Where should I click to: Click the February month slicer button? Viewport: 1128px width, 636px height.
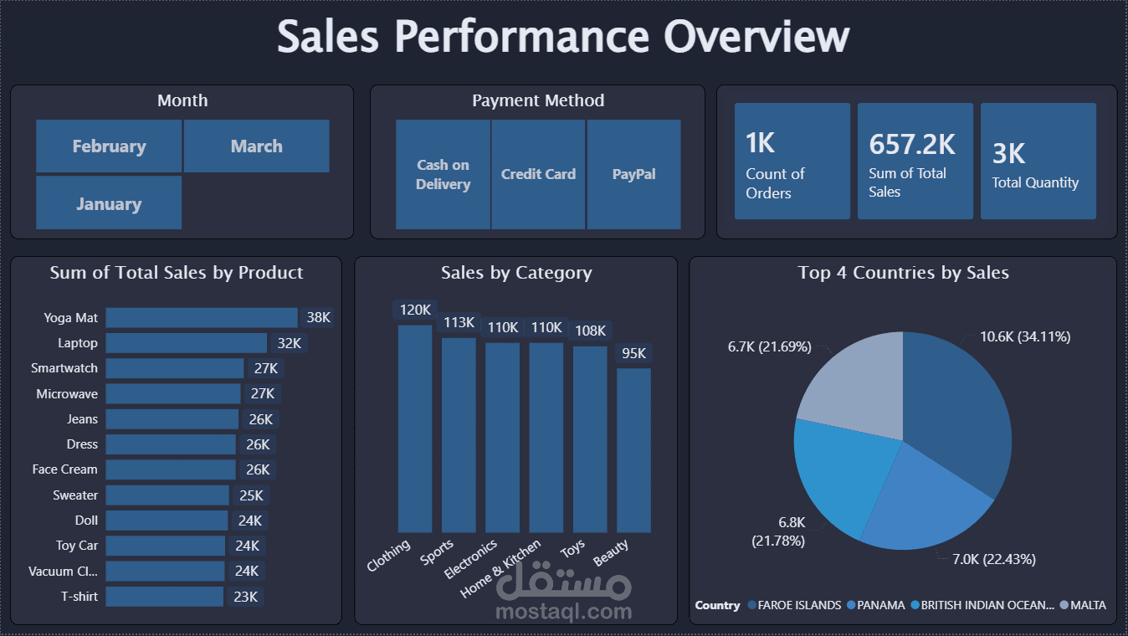click(109, 146)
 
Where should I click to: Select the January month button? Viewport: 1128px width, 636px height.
click(109, 203)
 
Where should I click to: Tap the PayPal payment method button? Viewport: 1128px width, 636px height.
click(633, 174)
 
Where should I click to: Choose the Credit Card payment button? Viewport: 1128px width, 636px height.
click(538, 174)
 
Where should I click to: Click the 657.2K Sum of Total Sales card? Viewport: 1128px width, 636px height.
click(915, 161)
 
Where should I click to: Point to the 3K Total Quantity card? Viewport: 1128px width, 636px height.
click(1038, 161)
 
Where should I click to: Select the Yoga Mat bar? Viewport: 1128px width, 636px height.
click(201, 318)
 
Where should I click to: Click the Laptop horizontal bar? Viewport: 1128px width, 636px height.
click(186, 343)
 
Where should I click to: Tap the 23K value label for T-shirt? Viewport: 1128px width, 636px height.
click(246, 597)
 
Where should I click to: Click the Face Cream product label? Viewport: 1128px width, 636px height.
click(65, 469)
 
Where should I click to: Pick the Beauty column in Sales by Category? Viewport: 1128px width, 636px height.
click(633, 450)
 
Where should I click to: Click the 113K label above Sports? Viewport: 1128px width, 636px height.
click(459, 322)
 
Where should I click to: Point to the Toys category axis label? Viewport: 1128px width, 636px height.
click(573, 549)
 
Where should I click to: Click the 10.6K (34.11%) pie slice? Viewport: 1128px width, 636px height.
click(958, 410)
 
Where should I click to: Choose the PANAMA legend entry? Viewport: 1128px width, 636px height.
click(881, 605)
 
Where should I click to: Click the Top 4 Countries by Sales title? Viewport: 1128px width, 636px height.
click(903, 273)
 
